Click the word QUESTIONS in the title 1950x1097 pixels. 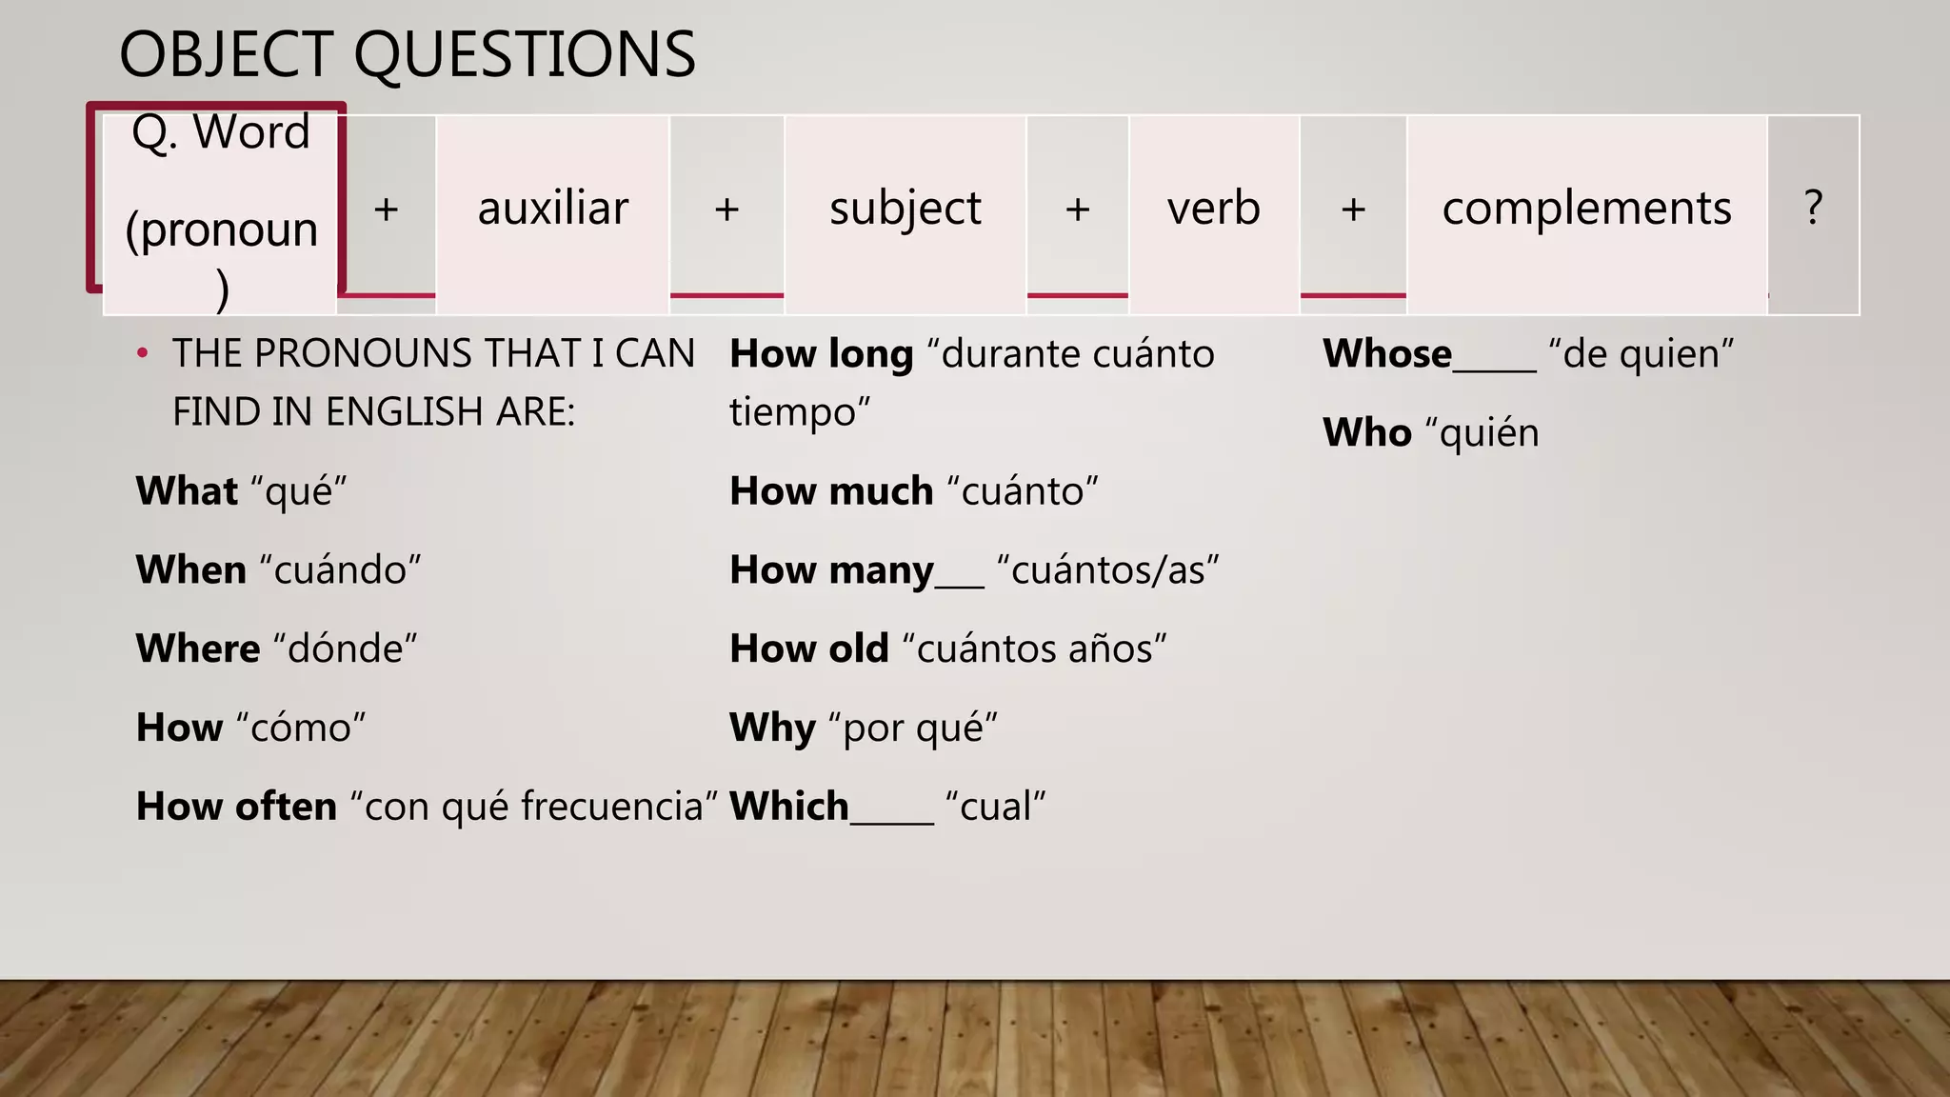click(x=525, y=55)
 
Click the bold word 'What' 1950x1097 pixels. click(x=187, y=491)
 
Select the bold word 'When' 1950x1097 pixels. click(x=191, y=570)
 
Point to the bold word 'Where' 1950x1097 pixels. click(x=198, y=649)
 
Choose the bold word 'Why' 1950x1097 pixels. click(x=772, y=728)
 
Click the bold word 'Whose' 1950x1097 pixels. click(x=1387, y=354)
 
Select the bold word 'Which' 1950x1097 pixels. click(x=788, y=808)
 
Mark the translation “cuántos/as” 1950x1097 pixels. click(x=1107, y=570)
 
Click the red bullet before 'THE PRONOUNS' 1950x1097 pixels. click(x=143, y=354)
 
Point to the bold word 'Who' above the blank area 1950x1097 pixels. click(x=1367, y=433)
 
